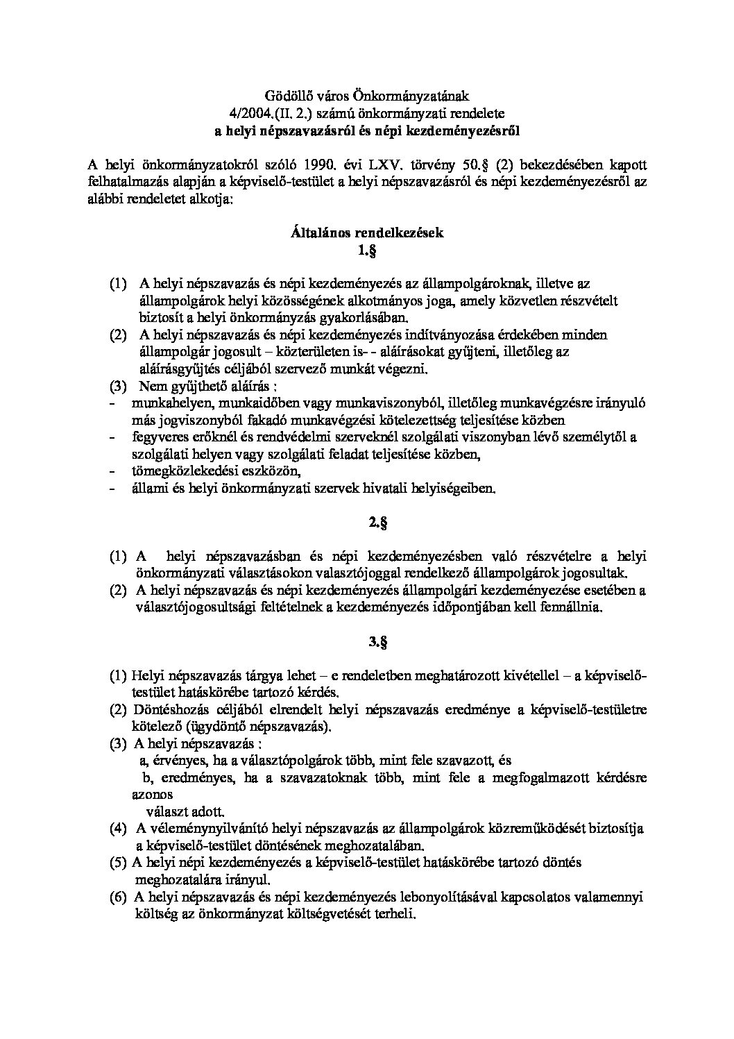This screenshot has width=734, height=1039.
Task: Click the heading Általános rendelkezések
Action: (366, 233)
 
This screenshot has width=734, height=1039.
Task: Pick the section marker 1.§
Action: (366, 251)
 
